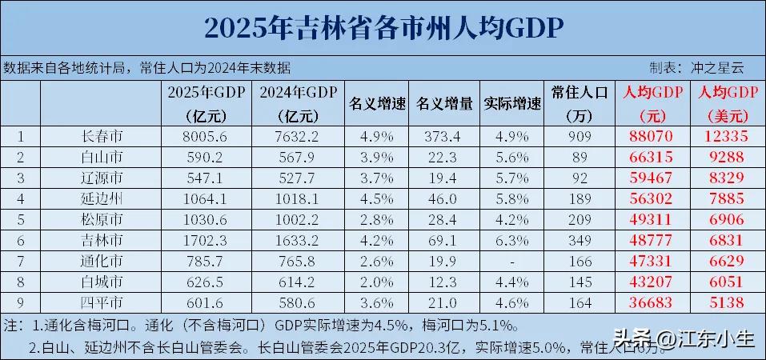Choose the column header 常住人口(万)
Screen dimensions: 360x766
pyautogui.click(x=580, y=104)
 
